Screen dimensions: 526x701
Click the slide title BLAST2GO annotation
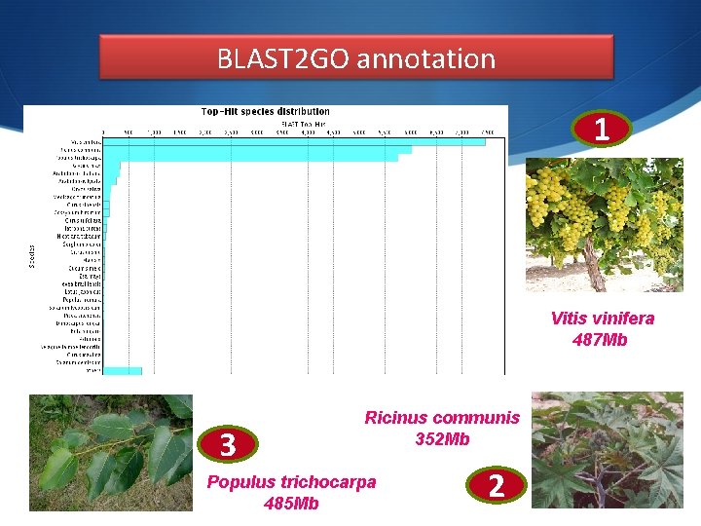(x=356, y=58)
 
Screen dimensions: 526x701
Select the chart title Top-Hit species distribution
(x=265, y=111)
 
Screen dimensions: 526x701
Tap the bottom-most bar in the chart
(x=123, y=370)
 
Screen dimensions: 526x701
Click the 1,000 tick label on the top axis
(x=154, y=132)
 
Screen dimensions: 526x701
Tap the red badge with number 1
(x=602, y=130)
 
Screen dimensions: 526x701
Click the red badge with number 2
(x=496, y=484)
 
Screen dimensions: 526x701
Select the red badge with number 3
(x=228, y=444)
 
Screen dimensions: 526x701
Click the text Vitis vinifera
(x=602, y=319)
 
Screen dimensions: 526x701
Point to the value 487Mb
(x=601, y=340)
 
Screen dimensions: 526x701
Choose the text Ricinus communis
(x=442, y=418)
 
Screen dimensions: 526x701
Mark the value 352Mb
(x=442, y=439)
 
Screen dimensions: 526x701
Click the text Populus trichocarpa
(x=291, y=482)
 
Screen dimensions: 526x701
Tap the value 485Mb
(x=291, y=504)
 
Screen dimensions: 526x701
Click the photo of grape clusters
(x=604, y=225)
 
